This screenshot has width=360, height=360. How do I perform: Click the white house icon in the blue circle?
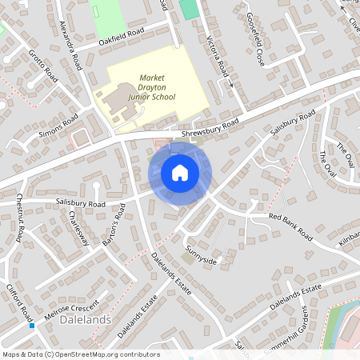coord(180,173)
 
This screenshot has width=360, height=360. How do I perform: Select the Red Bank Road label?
coord(290,226)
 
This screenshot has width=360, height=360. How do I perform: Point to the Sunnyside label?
coord(201,256)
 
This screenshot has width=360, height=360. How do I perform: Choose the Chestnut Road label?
coord(19,217)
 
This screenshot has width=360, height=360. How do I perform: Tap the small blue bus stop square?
coord(32,325)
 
